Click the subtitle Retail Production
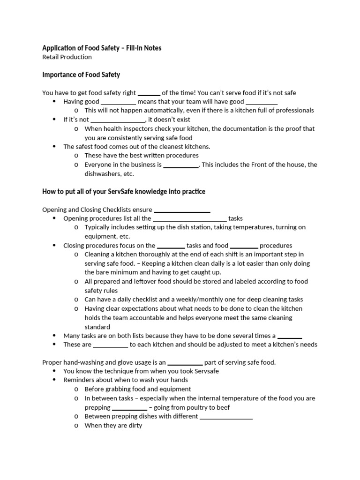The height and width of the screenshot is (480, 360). (67, 57)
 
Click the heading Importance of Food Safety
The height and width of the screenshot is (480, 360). (81, 75)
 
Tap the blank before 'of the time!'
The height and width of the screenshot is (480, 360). (149, 93)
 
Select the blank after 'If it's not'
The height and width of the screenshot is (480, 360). (118, 120)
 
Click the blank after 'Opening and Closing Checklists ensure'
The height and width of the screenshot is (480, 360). (182, 210)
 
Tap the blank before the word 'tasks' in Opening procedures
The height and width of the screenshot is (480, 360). (190, 218)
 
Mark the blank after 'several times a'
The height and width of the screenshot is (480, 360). (290, 336)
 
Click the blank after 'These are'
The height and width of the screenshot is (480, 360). (111, 345)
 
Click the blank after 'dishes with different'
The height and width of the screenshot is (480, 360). (226, 416)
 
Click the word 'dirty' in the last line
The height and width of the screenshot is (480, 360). (134, 426)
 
